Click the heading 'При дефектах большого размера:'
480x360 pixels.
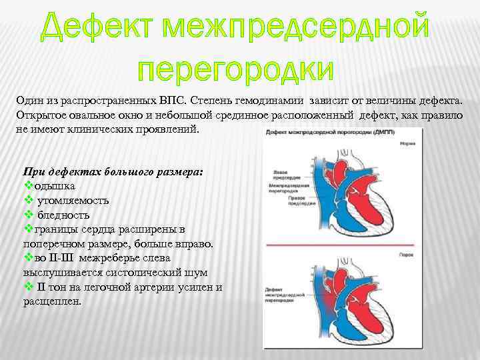point(113,171)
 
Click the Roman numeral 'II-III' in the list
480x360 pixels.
point(61,258)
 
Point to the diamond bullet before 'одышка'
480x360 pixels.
point(28,186)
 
